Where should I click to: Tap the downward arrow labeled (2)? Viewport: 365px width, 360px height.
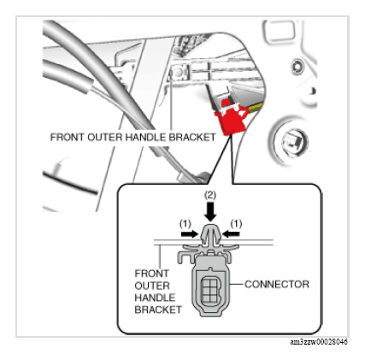[x=210, y=211]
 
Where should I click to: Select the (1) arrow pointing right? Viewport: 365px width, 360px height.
[x=189, y=234]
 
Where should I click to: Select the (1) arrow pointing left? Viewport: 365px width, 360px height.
[x=231, y=233]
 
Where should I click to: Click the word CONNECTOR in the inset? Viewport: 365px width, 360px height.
[x=277, y=284]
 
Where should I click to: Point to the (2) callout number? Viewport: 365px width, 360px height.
[x=210, y=195]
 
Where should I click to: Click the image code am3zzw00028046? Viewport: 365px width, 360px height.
[x=319, y=342]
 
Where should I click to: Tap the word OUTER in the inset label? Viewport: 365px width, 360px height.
[x=152, y=286]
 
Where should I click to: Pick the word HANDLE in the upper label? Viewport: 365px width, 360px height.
[x=146, y=137]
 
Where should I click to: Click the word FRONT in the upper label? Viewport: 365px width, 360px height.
[x=68, y=137]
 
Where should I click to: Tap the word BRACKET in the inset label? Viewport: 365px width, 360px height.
[x=158, y=310]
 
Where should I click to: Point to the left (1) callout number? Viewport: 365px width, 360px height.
[x=185, y=224]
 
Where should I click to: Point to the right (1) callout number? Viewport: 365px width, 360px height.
[x=236, y=224]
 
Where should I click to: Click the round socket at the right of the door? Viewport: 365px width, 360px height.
[x=290, y=140]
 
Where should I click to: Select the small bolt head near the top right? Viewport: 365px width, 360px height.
[x=297, y=66]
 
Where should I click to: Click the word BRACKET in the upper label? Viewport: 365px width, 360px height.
[x=192, y=137]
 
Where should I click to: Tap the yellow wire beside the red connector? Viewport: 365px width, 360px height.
[x=256, y=107]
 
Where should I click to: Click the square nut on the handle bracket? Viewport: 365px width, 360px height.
[x=180, y=73]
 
